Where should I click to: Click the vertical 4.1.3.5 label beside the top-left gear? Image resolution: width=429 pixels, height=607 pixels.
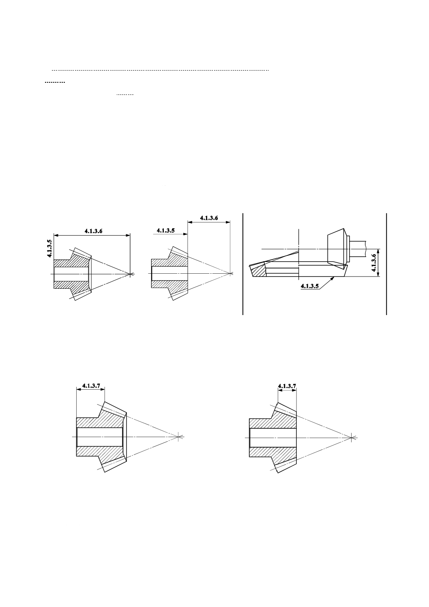pos(49,248)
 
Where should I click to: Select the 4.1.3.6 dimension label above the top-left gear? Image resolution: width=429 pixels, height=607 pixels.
pos(94,231)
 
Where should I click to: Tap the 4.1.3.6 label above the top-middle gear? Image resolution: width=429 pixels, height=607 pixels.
pos(209,218)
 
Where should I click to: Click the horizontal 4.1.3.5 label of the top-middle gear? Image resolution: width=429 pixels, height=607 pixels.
pos(165,231)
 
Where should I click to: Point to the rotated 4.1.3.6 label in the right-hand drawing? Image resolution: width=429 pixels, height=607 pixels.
pos(374,263)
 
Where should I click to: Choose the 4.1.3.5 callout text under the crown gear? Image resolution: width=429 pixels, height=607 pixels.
pos(310,286)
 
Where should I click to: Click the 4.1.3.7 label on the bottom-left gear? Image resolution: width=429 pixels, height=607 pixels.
pos(91,385)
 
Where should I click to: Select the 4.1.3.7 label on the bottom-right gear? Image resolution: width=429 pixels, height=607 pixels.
pos(287,386)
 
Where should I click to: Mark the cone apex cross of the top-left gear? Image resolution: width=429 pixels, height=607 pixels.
pos(130,274)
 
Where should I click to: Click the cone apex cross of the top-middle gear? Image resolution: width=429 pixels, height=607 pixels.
pos(230,273)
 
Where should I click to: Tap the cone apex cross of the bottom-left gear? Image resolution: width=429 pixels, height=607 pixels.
pos(178,437)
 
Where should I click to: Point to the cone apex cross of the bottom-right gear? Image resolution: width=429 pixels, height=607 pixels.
pos(352,438)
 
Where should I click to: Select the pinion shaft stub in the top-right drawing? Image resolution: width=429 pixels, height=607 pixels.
pos(358,249)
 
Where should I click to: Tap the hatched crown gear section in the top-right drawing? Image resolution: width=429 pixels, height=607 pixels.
pos(257,270)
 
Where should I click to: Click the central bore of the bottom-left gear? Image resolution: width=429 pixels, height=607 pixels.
pos(100,437)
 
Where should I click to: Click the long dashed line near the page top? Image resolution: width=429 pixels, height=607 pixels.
pos(160,70)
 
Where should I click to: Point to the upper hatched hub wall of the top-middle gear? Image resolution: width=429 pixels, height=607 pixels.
pos(169,262)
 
